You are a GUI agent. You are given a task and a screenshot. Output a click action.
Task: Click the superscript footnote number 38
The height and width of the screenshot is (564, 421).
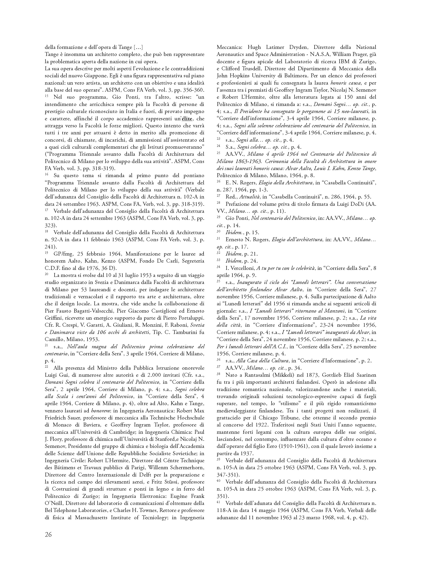pos(218,374)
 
